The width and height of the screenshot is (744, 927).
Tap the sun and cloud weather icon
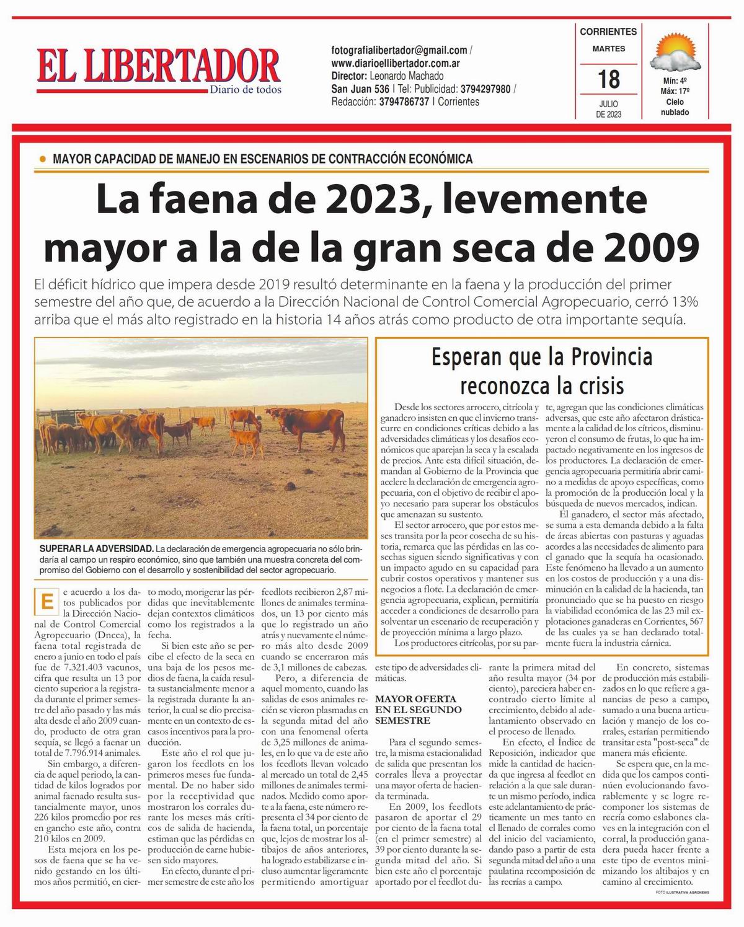pyautogui.click(x=675, y=53)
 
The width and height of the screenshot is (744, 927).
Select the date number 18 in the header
pyautogui.click(x=608, y=79)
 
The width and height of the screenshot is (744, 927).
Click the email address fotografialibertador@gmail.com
pyautogui.click(x=399, y=50)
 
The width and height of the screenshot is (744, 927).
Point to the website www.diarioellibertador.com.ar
pyautogui.click(x=395, y=63)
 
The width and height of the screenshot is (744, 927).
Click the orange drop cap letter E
pyautogui.click(x=45, y=601)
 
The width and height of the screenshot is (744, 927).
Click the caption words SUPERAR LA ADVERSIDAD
pyautogui.click(x=96, y=549)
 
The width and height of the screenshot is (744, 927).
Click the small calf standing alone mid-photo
pyautogui.click(x=247, y=442)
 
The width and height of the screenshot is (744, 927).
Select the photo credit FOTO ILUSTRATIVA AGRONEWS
pyautogui.click(x=681, y=892)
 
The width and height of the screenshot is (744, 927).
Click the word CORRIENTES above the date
pyautogui.click(x=608, y=32)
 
